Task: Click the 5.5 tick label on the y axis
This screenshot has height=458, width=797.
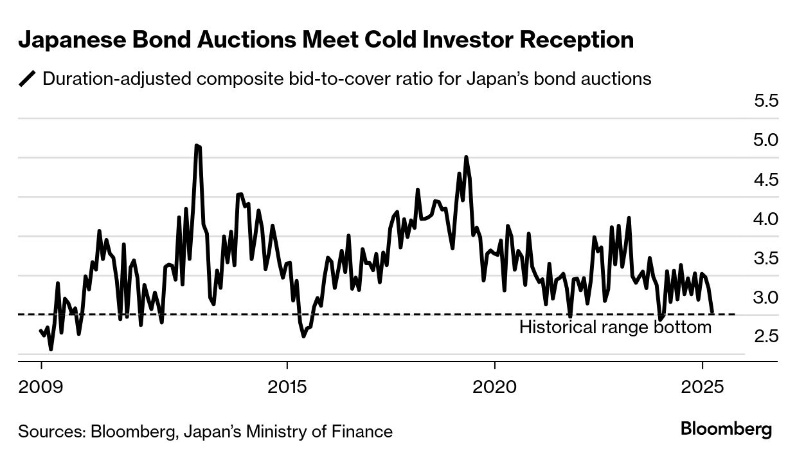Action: point(766,100)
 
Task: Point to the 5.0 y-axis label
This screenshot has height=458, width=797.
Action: point(766,140)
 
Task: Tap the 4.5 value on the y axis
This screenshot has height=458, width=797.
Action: point(766,179)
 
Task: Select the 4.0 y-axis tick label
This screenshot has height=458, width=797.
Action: point(766,219)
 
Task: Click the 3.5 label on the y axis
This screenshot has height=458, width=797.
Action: point(766,258)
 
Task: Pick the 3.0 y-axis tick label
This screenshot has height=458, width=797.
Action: point(766,297)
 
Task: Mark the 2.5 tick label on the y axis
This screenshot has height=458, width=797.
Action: point(766,336)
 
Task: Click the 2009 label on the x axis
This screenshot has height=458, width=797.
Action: point(41,389)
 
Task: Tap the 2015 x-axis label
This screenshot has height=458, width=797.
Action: point(288,389)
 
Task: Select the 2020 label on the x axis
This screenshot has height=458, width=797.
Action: point(494,389)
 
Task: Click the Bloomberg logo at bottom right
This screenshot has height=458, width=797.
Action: point(726,430)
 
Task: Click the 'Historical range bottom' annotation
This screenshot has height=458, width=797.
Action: point(615,327)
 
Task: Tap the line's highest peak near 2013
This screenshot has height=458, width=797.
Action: point(197,146)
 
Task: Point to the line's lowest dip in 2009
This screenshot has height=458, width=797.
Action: point(51,349)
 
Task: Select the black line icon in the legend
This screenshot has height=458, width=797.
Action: point(28,79)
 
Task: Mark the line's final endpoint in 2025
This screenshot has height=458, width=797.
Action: point(713,313)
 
